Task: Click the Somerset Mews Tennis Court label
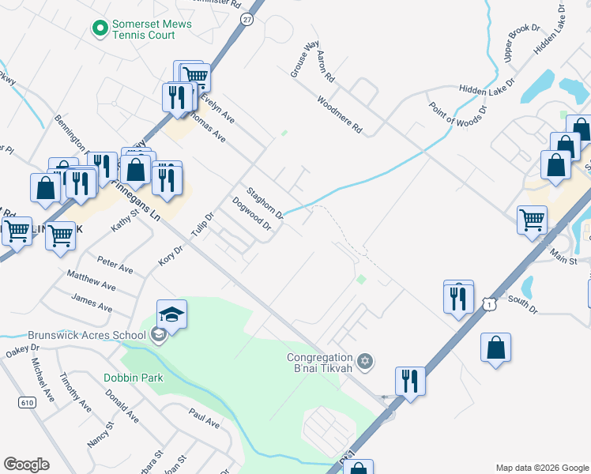(152, 29)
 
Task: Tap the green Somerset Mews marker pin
(100, 29)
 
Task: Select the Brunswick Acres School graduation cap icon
(171, 315)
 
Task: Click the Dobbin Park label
(133, 378)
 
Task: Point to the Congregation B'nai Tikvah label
(319, 363)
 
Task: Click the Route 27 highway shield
(247, 21)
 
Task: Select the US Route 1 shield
(491, 303)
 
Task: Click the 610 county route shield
(28, 402)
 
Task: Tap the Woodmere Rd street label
(339, 115)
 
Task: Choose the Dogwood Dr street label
(251, 214)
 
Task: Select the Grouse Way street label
(304, 59)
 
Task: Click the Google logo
(26, 465)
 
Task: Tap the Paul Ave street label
(204, 418)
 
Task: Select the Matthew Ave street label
(91, 280)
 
